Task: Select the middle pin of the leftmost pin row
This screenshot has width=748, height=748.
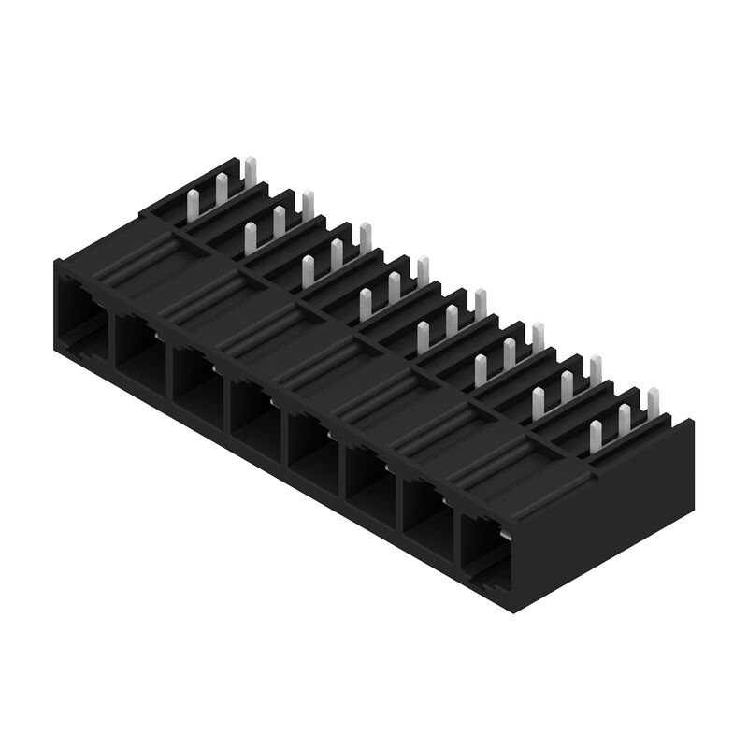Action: click(222, 187)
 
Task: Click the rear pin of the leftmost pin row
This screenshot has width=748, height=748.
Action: click(250, 171)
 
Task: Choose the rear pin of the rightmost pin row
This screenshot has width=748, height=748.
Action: click(653, 404)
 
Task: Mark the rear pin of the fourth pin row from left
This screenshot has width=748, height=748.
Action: click(423, 270)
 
